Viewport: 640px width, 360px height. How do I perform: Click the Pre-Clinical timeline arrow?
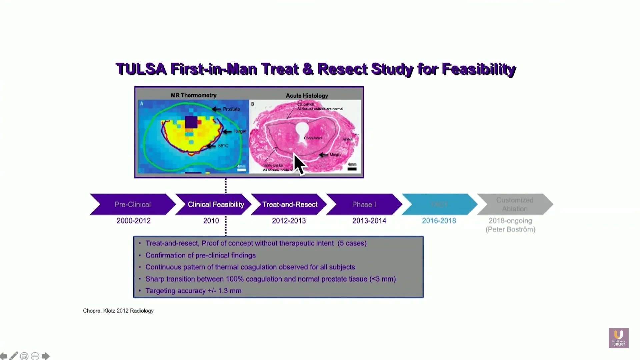(x=133, y=204)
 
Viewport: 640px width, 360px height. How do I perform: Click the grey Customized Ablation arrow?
(x=515, y=204)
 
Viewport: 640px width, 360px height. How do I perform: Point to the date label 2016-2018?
(x=439, y=221)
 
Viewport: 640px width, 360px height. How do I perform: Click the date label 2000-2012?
(x=133, y=221)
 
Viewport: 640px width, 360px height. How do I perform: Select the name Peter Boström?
(x=510, y=229)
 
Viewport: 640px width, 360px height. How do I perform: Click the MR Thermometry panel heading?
(x=193, y=95)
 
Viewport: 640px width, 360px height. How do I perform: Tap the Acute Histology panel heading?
(x=307, y=96)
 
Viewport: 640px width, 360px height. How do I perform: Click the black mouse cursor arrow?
(x=299, y=164)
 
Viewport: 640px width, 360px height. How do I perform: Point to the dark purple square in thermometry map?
(x=191, y=122)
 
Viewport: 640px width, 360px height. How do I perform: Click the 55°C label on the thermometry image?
(x=223, y=146)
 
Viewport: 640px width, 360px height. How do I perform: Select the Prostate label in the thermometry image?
(x=231, y=109)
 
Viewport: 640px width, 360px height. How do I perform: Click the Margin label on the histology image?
(x=335, y=154)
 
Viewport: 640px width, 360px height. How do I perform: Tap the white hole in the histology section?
(x=302, y=128)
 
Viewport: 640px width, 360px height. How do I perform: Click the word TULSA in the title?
(x=141, y=69)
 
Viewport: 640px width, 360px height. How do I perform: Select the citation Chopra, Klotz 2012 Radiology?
(x=118, y=311)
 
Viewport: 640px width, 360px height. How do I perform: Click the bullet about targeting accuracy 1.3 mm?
(x=193, y=291)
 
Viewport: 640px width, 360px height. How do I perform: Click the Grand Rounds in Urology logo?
(x=618, y=338)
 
